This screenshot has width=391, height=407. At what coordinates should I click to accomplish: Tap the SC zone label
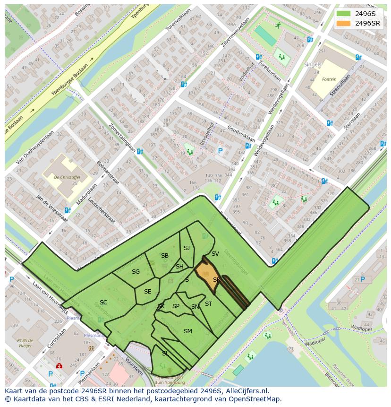pos(103,303)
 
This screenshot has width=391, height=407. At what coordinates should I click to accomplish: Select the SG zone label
pos(136,272)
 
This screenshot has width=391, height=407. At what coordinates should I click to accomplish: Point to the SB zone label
pos(164,256)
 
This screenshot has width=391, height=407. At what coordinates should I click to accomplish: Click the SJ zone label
pos(187,248)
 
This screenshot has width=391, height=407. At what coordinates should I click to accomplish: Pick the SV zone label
pos(215,254)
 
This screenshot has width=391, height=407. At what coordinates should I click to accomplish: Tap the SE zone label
pos(147,292)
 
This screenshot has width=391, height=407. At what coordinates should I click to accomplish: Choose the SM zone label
pos(187,331)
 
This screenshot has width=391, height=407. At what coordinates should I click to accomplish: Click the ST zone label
pos(208,304)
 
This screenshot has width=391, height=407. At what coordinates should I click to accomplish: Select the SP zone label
pos(176,306)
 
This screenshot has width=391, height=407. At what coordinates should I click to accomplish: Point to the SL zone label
pos(165,353)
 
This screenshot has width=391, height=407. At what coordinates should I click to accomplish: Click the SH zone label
pos(179,267)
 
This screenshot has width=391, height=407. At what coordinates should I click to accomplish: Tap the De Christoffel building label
pos(67,177)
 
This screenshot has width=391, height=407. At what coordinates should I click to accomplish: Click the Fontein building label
pos(329,79)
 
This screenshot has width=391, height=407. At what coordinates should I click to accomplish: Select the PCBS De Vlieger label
pos(23,343)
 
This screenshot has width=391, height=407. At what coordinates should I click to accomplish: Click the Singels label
pos(312,64)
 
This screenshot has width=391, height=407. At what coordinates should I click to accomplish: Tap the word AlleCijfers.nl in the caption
pos(246,391)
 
